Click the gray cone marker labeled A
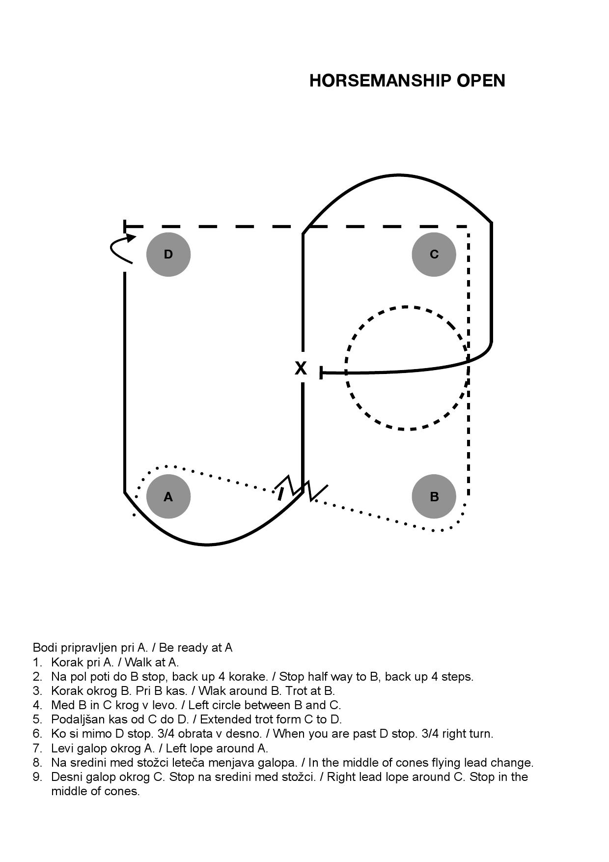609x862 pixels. pos(168,496)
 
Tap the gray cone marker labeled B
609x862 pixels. pos(434,496)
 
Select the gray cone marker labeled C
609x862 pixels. pos(434,254)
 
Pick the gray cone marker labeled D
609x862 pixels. pos(168,254)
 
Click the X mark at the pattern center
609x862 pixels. pos(301,368)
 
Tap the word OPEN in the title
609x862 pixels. pos(481,81)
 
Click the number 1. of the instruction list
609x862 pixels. pos(37,662)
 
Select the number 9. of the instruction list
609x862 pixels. pos(37,777)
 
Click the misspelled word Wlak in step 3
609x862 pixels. pos(210,690)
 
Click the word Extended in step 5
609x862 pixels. pos(223,719)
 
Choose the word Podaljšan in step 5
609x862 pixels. pos(75,719)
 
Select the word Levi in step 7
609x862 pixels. pos(61,748)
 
